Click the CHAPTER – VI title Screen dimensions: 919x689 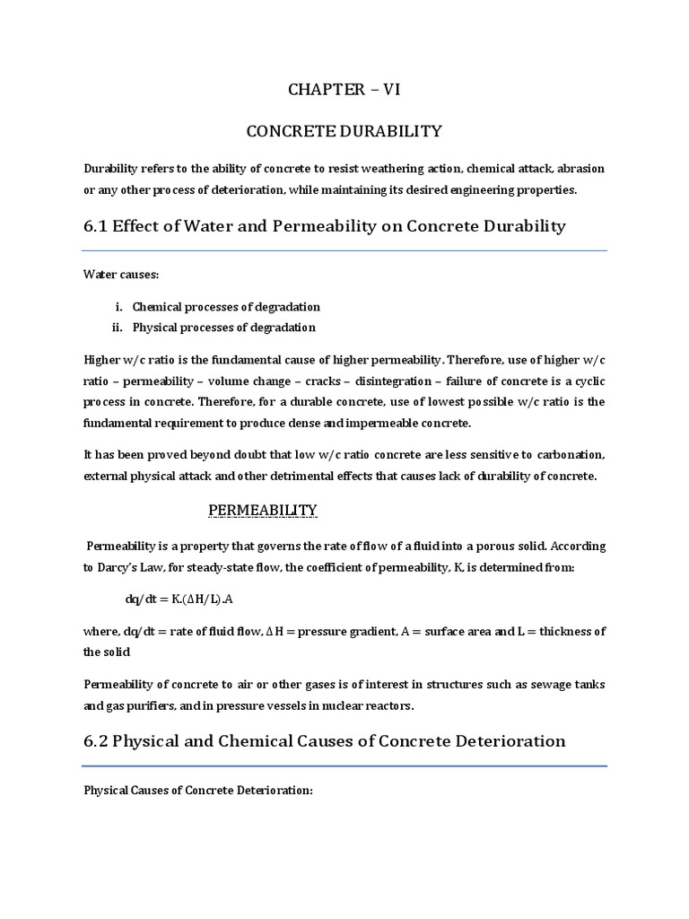[344, 89]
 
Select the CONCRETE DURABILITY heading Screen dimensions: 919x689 [344, 132]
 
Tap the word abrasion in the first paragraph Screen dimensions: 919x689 [581, 169]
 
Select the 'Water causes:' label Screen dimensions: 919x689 [116, 274]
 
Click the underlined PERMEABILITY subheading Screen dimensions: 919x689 [263, 511]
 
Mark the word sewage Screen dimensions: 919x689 [544, 685]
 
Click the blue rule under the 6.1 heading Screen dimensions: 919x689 [344, 250]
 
